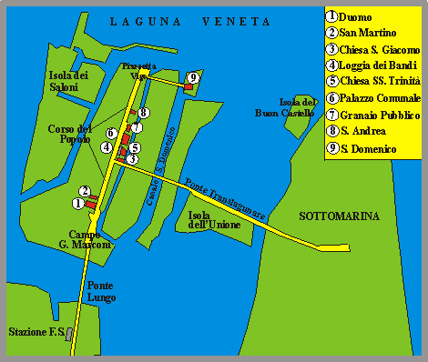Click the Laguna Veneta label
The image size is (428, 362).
[189, 21]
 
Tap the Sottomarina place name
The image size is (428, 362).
[339, 216]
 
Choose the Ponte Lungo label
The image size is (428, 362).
[100, 291]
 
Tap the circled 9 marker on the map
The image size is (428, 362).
[192, 77]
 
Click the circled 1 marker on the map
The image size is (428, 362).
[78, 204]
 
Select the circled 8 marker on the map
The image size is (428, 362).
[144, 113]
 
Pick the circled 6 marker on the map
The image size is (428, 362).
[111, 134]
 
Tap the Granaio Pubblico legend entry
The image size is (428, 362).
[373, 115]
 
